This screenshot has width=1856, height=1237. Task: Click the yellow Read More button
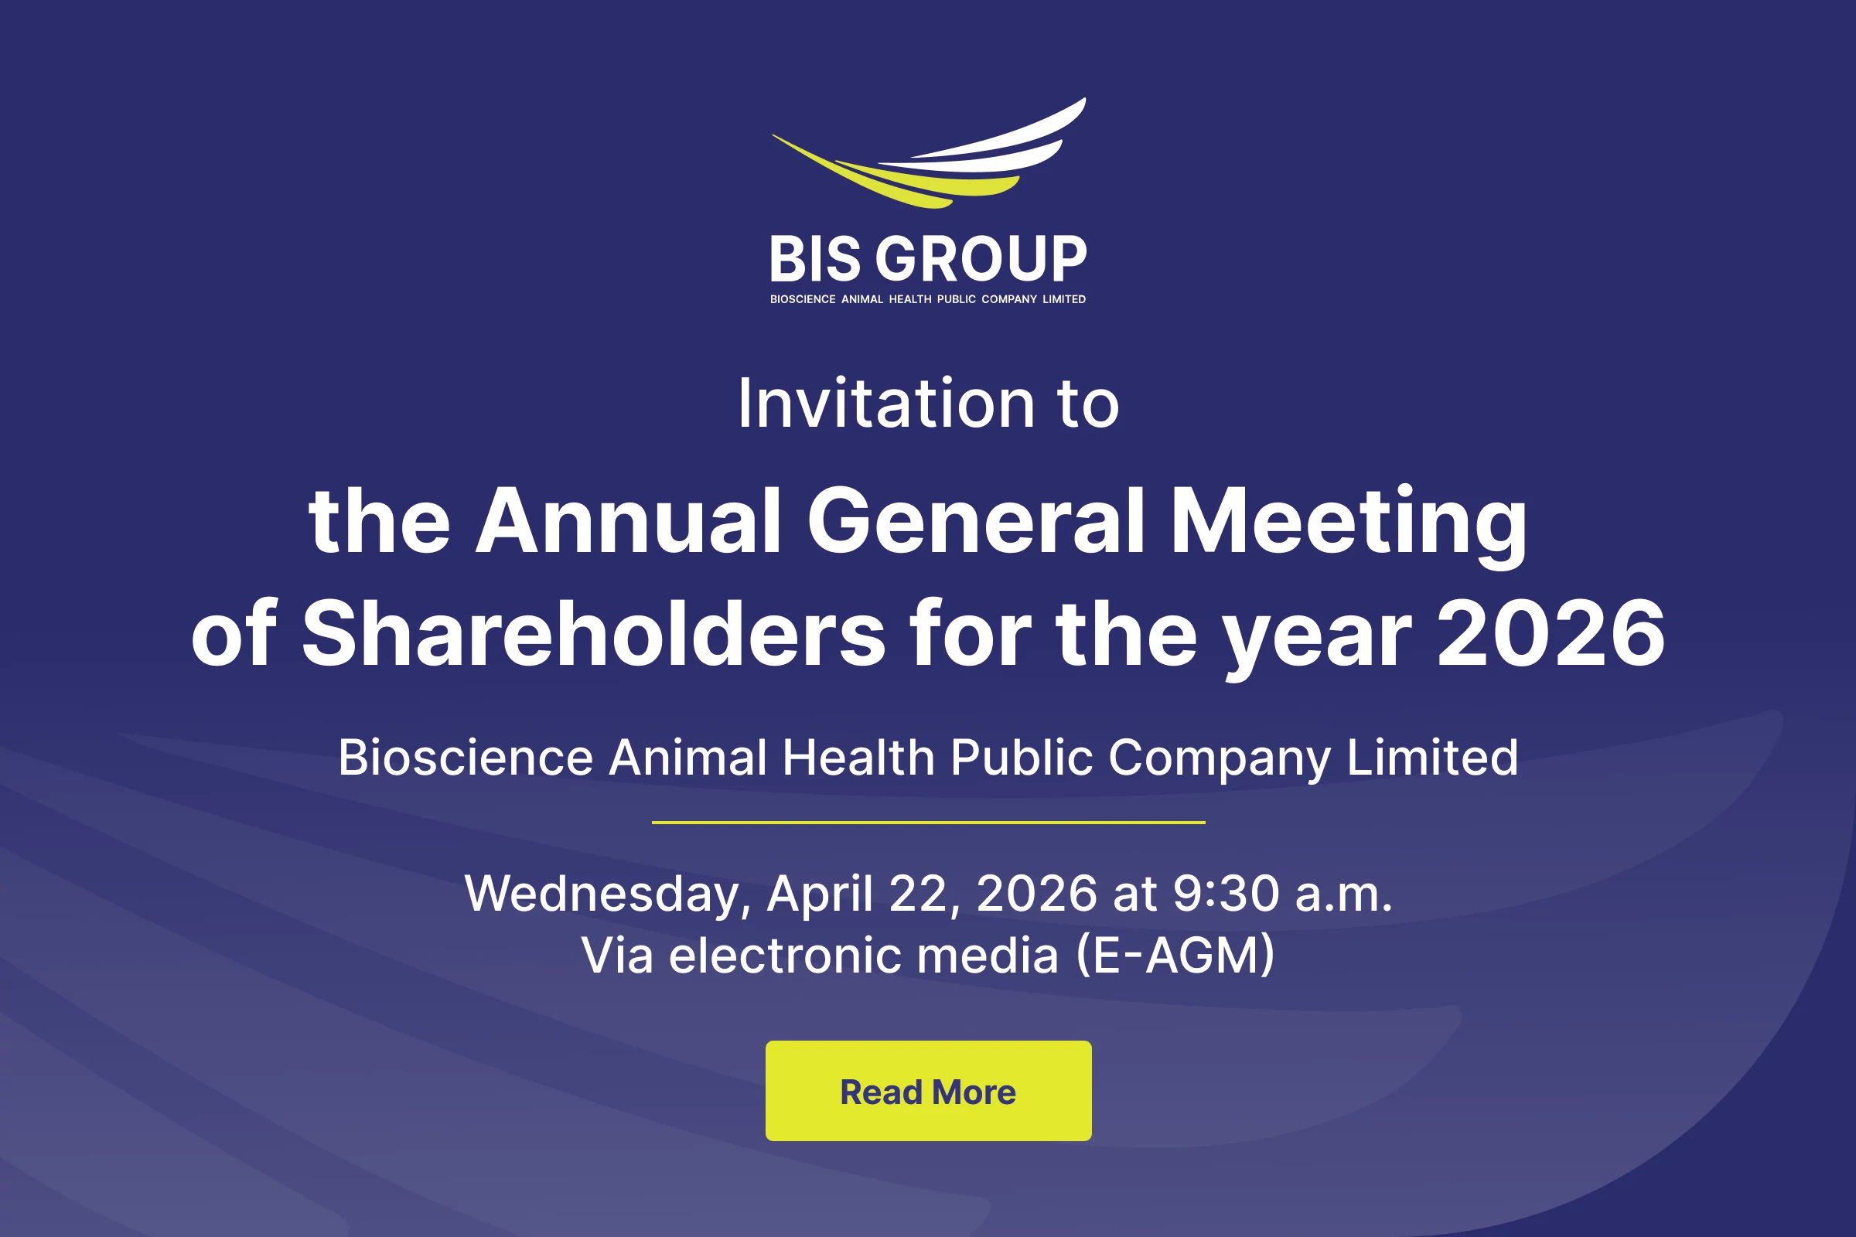928,1090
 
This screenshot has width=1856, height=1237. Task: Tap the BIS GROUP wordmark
928,259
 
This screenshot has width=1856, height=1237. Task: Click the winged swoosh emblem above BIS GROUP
929,153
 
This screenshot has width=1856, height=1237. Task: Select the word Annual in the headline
629,520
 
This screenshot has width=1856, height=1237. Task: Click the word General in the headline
976,520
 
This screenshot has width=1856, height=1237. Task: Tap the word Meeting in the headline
1349,525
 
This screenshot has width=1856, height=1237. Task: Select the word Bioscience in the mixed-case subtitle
466,758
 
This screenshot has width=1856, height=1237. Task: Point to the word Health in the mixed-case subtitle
858,758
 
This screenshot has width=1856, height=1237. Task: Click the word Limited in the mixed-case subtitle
1432,758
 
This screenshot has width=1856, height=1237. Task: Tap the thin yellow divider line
928,822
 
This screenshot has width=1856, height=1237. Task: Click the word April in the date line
820,895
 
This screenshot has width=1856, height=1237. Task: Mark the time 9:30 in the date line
1227,893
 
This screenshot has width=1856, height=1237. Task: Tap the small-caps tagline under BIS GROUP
928,299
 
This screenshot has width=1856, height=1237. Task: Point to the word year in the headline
1317,639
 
